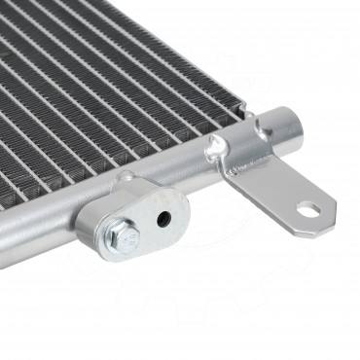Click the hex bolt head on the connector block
[x=118, y=234]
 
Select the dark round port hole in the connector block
[x=163, y=218]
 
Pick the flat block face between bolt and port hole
[x=141, y=226]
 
